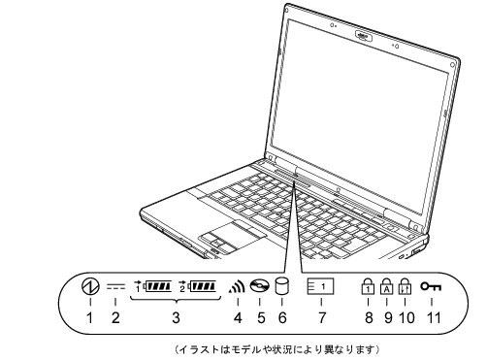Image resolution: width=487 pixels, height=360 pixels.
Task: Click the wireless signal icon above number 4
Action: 238,288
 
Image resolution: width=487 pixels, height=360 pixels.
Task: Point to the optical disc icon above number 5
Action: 259,287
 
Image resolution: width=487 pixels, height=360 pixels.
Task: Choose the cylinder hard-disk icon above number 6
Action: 283,286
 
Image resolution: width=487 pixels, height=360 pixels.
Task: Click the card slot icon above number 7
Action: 322,287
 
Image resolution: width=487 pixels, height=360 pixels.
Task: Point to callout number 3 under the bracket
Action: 177,316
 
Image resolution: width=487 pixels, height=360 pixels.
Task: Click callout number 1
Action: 90,316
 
